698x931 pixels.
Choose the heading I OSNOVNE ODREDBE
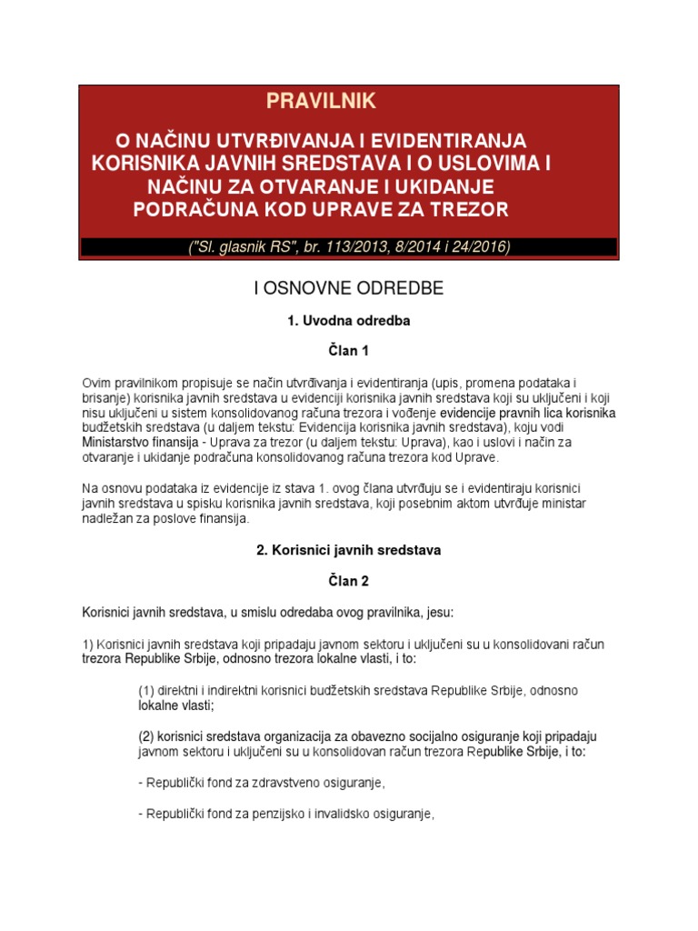click(348, 288)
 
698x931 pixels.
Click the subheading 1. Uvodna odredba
click(349, 321)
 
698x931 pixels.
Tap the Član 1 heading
click(349, 350)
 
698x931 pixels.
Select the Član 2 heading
click(349, 579)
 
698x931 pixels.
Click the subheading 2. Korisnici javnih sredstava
click(349, 549)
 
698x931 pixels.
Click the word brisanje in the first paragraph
click(105, 398)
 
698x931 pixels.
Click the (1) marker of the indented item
click(146, 690)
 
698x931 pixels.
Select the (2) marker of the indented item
click(147, 735)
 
